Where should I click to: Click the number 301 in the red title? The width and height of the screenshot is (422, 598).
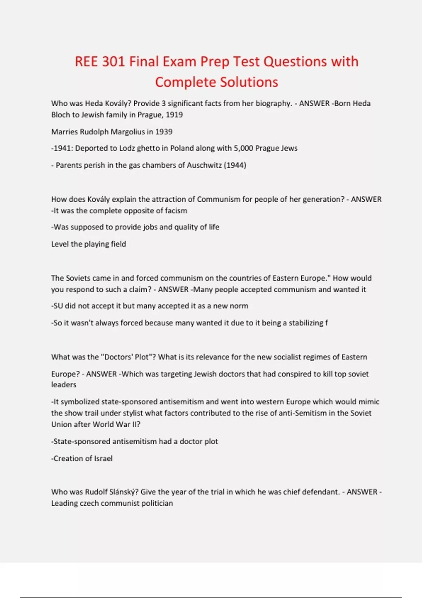(x=113, y=62)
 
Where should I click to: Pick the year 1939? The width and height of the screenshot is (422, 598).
(x=164, y=132)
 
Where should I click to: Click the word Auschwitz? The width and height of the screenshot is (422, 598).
(x=204, y=165)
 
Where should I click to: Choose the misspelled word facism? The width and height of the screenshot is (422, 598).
(x=176, y=211)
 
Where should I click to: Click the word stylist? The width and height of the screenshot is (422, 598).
(x=129, y=413)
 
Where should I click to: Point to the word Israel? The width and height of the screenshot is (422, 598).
(x=103, y=459)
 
